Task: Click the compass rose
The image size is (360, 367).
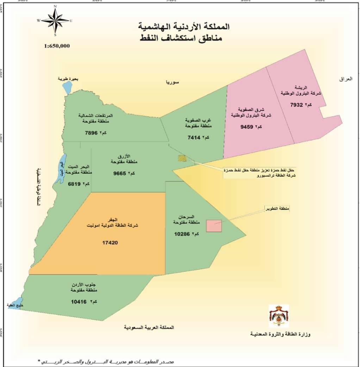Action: coord(55,21)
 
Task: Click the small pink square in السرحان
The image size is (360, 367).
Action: coord(213,226)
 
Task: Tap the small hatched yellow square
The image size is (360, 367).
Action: coord(182,158)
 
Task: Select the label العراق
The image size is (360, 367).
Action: coord(345,79)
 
